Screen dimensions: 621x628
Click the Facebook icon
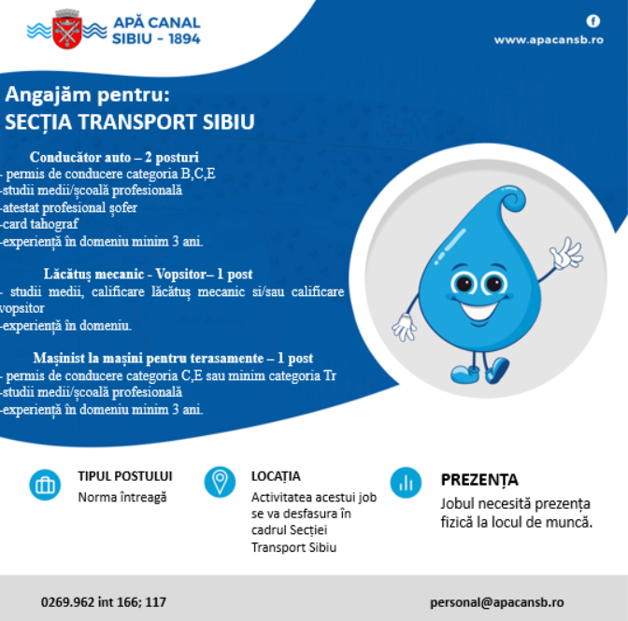[592, 21]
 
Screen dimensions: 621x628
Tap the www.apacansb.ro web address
[548, 40]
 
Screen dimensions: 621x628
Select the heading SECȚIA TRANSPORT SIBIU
[130, 122]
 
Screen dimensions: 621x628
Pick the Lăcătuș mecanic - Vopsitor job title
[148, 275]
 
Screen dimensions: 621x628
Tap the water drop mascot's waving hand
[565, 253]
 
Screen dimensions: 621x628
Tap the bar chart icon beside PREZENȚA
[406, 483]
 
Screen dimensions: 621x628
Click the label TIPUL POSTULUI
[124, 476]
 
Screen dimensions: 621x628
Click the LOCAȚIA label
[276, 476]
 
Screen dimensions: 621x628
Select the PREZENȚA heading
[478, 480]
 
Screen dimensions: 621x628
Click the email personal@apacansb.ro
[496, 602]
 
